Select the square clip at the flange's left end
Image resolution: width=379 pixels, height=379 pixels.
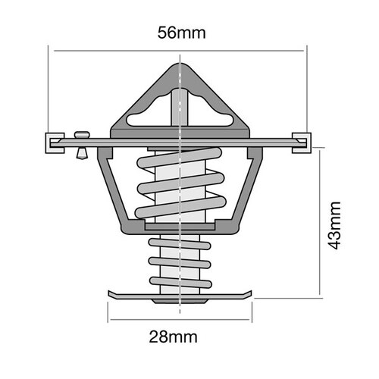click(53, 142)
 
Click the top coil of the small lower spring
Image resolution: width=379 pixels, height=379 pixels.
click(179, 242)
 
